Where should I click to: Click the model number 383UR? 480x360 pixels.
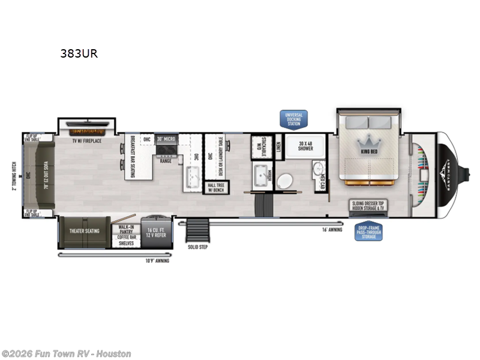pos(79,53)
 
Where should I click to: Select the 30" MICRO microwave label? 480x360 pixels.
pos(166,139)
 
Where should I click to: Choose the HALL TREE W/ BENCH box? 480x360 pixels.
pos(215,187)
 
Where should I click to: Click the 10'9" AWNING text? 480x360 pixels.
pos(158,261)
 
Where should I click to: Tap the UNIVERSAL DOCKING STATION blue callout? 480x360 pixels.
pos(294,119)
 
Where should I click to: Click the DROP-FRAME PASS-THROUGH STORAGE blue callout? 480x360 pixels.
pos(368,232)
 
